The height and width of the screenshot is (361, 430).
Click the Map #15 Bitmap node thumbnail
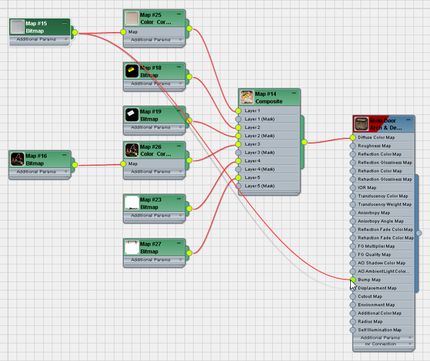(18, 27)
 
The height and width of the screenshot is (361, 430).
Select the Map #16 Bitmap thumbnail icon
(17, 159)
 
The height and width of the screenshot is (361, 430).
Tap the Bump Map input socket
(353, 280)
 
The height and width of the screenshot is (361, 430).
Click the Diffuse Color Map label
(376, 138)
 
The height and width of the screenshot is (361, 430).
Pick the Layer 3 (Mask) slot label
(260, 153)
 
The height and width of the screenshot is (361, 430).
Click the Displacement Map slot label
(377, 288)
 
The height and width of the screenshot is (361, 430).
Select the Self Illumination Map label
(379, 330)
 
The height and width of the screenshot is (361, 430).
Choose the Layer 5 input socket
(238, 178)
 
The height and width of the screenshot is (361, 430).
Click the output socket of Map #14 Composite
(304, 142)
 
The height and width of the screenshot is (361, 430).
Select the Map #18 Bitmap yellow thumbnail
(132, 72)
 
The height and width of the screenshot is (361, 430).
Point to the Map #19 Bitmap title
(150, 115)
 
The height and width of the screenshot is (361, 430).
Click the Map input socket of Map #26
(123, 164)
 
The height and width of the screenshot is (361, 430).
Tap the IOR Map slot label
(366, 188)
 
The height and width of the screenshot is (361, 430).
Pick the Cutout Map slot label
(370, 296)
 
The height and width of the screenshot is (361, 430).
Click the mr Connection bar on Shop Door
(380, 344)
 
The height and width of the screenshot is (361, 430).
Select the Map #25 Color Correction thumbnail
(132, 18)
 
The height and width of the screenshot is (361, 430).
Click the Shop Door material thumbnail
(361, 124)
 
